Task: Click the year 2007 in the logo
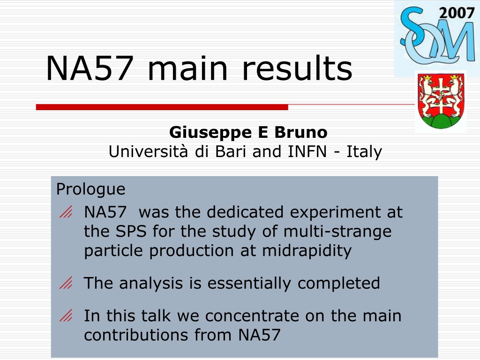coord(457,13)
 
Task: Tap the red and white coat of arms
coord(441,101)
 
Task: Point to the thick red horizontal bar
coord(162,107)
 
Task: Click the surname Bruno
coord(300,132)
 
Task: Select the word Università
coord(149,151)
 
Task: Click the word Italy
coord(364,152)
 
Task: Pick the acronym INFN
coord(307,151)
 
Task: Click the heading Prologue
coord(90,189)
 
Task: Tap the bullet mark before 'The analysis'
coord(66,283)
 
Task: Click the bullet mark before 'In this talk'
coord(66,315)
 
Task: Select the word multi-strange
coord(337,231)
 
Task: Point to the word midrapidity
coord(307,251)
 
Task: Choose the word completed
coord(338,284)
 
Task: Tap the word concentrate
coord(252,316)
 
